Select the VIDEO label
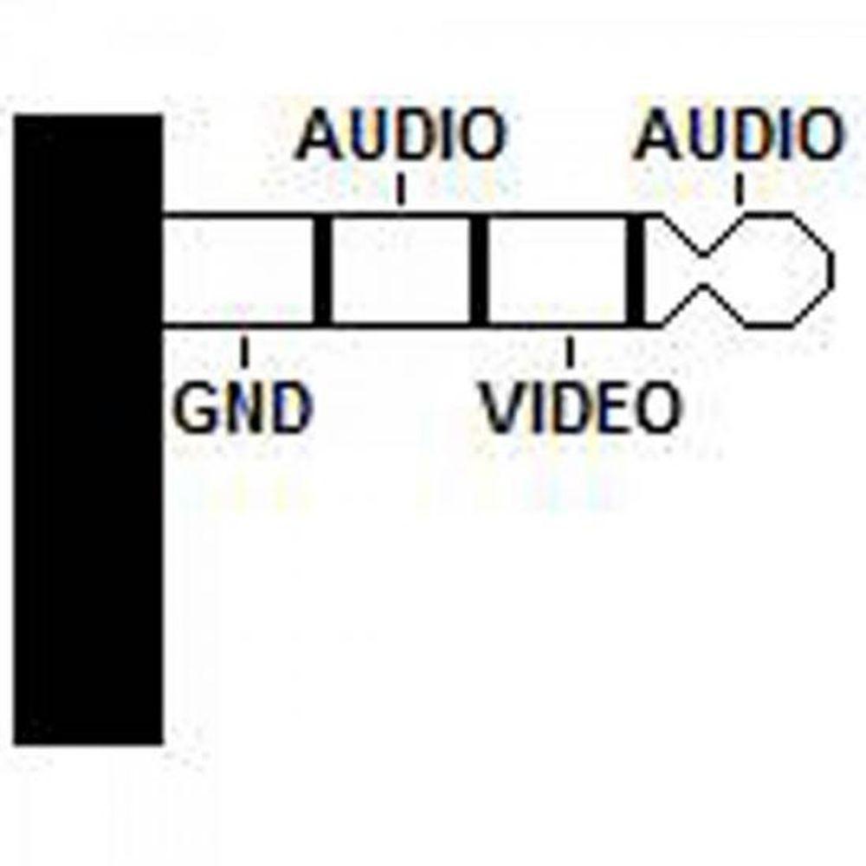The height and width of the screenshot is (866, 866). click(580, 408)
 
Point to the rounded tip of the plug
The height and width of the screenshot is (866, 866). click(779, 270)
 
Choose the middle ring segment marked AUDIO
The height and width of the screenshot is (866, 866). click(401, 270)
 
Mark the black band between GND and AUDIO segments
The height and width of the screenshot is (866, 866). click(322, 270)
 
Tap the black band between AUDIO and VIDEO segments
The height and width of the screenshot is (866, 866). click(478, 270)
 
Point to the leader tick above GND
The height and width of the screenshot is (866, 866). click(245, 351)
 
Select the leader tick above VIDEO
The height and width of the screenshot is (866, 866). click(570, 351)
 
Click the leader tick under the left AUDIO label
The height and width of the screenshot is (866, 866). click(400, 189)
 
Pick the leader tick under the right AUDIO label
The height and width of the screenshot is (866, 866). click(739, 189)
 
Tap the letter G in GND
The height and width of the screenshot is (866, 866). click(194, 408)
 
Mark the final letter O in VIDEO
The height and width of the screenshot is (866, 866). click(656, 408)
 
